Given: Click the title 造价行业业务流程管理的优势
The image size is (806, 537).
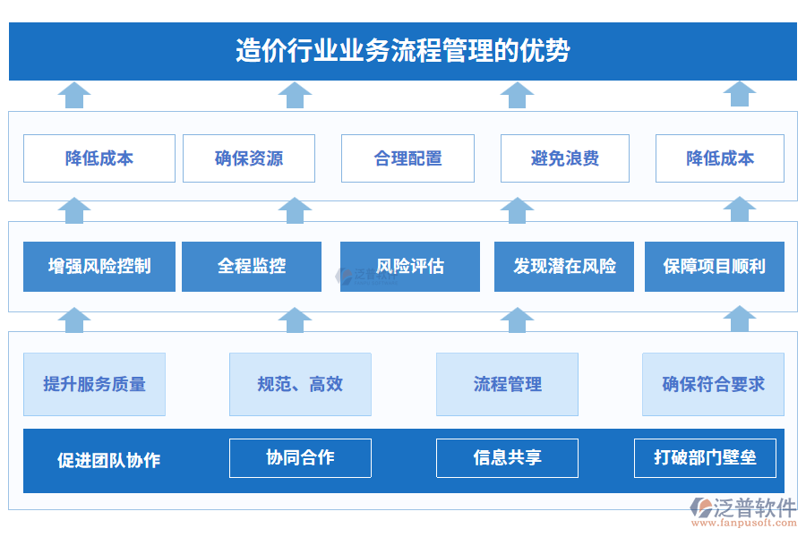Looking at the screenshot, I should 402,51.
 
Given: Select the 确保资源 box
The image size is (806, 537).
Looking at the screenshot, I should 249,158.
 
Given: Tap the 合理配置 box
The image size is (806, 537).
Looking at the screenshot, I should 407,158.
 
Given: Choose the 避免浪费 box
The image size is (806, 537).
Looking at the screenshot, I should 564,158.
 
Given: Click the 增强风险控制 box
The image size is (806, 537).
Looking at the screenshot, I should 99,267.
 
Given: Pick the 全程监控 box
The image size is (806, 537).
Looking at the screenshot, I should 252,267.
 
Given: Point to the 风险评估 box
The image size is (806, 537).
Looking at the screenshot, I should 409,267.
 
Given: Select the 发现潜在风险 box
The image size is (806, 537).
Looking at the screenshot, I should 564,267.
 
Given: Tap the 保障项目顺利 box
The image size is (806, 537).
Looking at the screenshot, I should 714,267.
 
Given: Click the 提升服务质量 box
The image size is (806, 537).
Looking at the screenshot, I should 94,384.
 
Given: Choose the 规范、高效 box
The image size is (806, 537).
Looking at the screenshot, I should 300,384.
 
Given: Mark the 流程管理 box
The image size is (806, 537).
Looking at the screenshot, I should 507,384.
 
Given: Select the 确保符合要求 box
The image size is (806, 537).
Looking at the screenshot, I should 713,384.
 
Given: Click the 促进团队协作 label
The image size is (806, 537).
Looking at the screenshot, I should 108,461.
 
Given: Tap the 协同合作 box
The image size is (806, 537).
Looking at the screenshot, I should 300,458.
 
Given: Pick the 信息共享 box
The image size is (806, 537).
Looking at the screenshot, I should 507,458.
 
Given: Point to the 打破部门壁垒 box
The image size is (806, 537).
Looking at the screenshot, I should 705,458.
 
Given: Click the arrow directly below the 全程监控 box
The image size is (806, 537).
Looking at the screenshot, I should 295,319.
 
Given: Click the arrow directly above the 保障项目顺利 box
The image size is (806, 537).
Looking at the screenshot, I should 740,209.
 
